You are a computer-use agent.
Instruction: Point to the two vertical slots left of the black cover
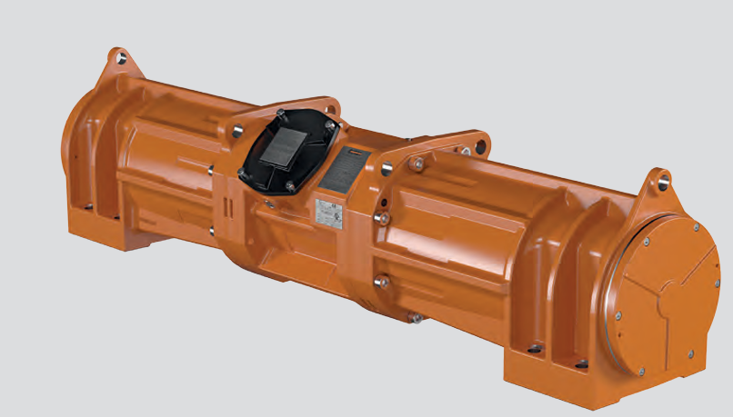pos(230,207)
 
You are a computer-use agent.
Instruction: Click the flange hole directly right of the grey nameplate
pos(388,169)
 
